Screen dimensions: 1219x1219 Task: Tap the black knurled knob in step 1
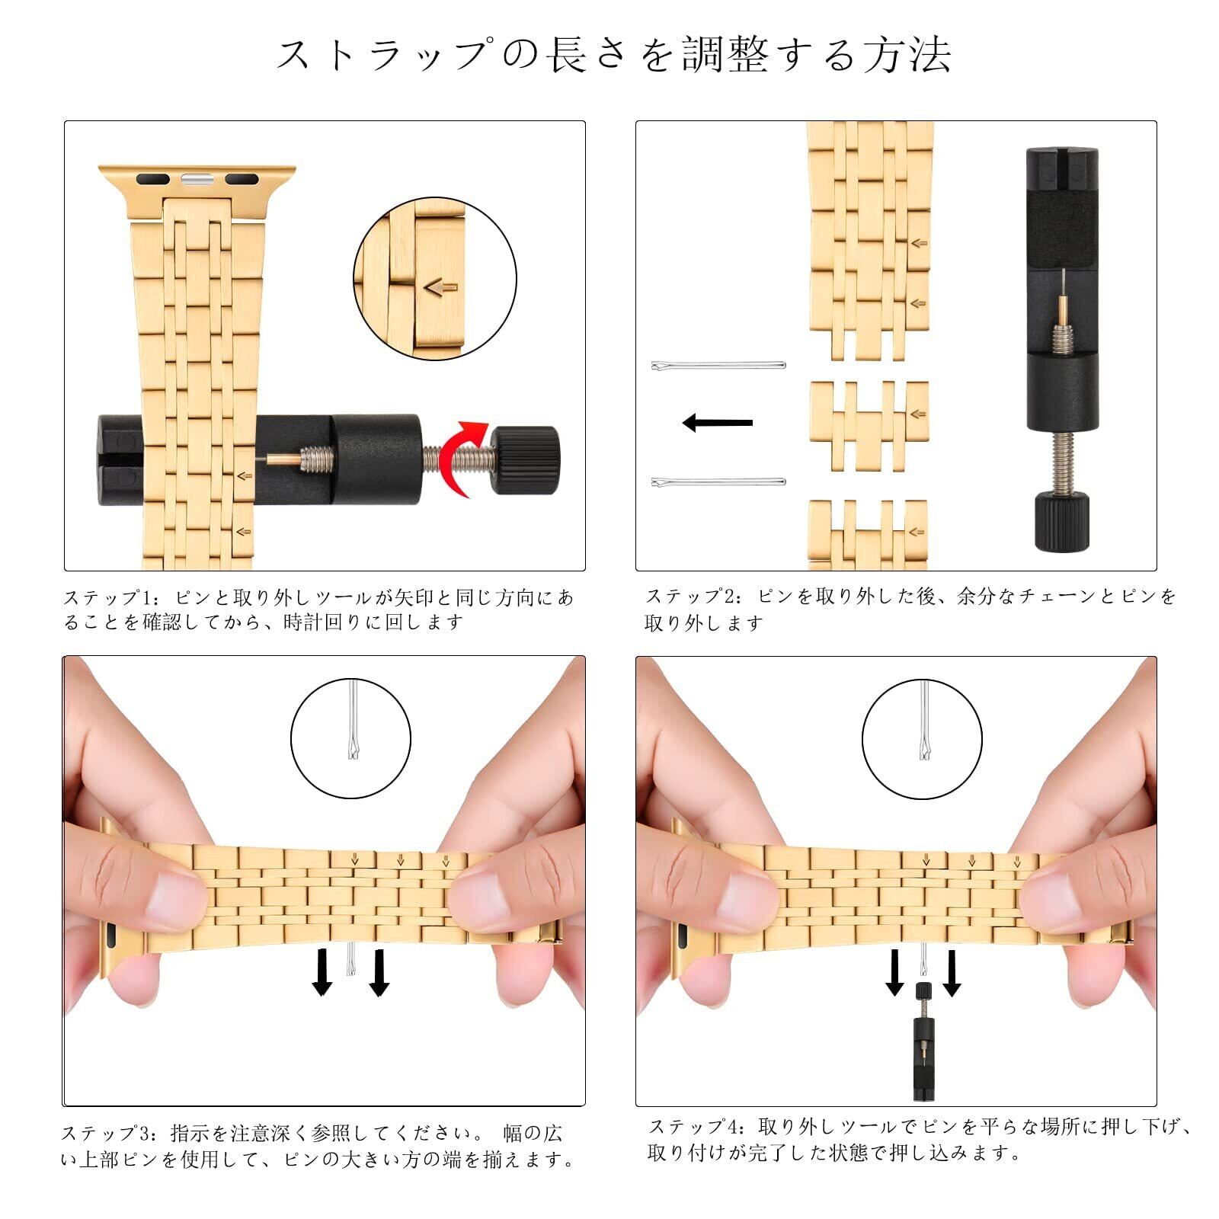(526, 460)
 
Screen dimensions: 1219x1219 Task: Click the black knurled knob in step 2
(1060, 521)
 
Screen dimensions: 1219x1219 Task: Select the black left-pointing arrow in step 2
(717, 422)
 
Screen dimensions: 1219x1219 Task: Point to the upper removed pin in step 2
(718, 366)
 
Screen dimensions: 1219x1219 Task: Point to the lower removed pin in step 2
(718, 482)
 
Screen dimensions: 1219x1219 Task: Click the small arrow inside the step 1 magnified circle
(440, 287)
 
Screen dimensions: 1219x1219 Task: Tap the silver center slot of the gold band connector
(197, 181)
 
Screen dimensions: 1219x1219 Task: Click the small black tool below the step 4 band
(923, 1041)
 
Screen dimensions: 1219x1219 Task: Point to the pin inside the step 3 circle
(352, 721)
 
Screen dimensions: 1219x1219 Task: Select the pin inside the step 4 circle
(923, 721)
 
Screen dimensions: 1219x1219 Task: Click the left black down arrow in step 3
(322, 972)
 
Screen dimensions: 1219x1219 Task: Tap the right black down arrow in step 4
(952, 973)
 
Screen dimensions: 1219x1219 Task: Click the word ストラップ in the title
(380, 55)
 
